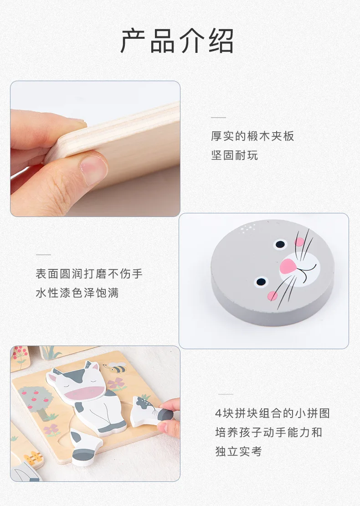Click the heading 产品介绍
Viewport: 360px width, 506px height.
tap(177, 41)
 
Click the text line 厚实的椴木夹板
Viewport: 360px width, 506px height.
tap(252, 136)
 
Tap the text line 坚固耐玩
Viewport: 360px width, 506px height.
tap(235, 155)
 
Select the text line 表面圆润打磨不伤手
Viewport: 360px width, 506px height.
tap(89, 274)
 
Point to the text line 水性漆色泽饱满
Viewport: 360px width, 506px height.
tap(77, 293)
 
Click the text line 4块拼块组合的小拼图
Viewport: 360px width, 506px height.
tap(273, 413)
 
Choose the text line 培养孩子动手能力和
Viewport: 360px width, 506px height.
tap(269, 432)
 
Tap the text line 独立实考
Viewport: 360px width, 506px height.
tap(238, 451)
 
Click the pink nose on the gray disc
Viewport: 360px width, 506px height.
tap(288, 266)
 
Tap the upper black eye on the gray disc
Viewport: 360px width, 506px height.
tap(280, 244)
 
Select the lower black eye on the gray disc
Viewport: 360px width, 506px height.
tap(261, 282)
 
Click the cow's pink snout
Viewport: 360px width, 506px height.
tap(85, 392)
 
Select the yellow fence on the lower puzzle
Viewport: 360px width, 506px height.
tap(33, 458)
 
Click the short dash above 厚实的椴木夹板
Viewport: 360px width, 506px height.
tap(218, 118)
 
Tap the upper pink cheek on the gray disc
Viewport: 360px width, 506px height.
tap(299, 242)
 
